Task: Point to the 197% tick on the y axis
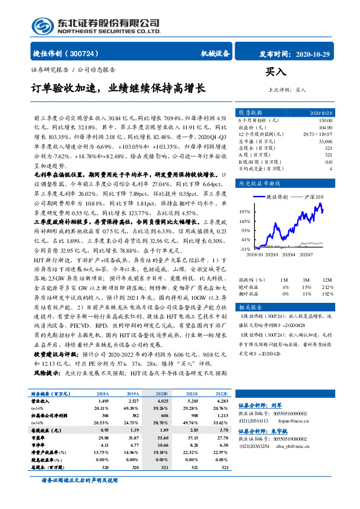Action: (x=245, y=212)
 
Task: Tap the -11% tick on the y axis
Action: (x=245, y=249)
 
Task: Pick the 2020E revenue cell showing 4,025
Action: (x=162, y=400)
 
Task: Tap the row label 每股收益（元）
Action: (x=48, y=431)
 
